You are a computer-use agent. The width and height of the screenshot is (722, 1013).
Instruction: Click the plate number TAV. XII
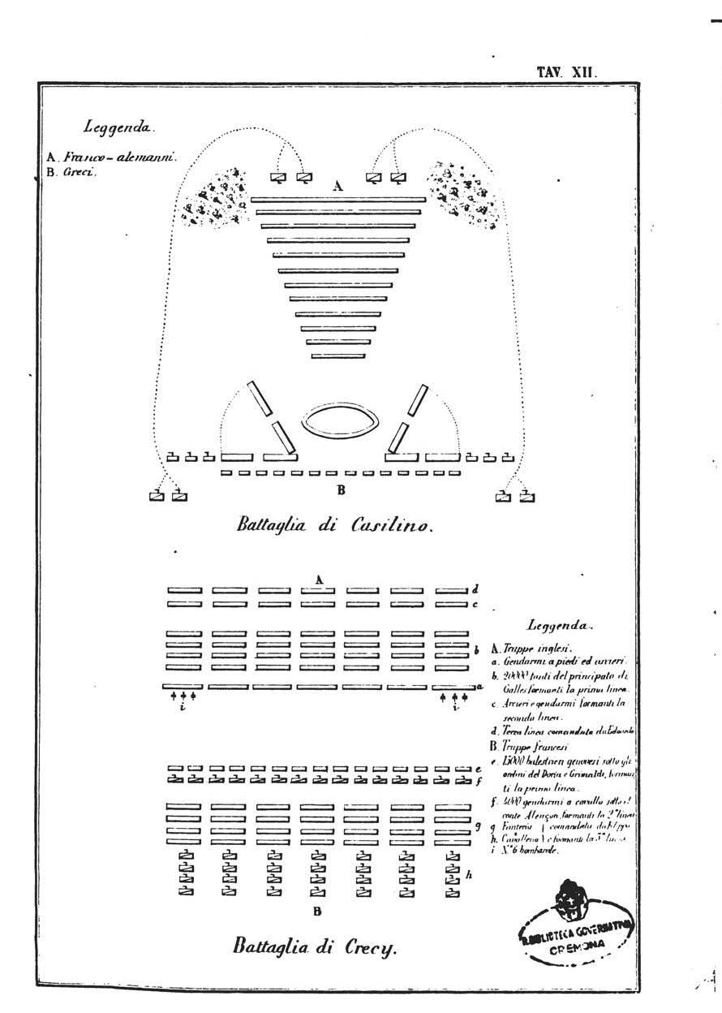tap(566, 71)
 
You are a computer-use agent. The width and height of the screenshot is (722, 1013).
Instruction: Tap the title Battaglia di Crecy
tap(315, 946)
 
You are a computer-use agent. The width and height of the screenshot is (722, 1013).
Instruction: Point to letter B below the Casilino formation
tap(342, 489)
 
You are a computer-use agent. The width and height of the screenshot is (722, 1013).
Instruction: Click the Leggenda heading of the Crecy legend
tap(560, 626)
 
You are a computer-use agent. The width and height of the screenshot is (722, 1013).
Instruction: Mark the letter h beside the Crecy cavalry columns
tap(470, 875)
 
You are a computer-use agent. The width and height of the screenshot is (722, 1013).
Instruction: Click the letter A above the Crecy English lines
tap(320, 579)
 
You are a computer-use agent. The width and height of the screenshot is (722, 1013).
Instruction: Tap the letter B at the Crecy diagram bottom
tap(317, 911)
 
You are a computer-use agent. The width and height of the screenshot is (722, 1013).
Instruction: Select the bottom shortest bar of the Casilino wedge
tap(337, 356)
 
